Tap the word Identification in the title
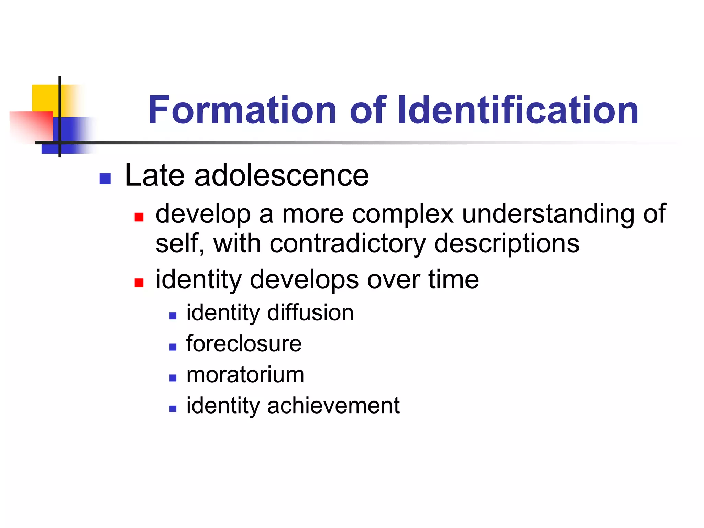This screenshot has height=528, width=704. coord(518,110)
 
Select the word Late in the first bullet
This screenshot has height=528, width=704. coord(155,176)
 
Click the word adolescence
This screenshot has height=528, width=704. coord(282,176)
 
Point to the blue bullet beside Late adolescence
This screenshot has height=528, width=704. coord(105,179)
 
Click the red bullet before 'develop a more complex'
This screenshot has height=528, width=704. coord(139,217)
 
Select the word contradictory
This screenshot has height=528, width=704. coord(348,244)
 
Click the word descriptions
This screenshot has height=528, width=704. coord(507,244)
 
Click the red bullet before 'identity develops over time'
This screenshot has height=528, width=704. coord(139,283)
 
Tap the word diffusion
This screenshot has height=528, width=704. coord(310,312)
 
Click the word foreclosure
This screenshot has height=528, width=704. coord(244,343)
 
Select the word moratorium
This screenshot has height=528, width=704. coord(245,374)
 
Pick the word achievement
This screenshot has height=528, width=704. coord(333,405)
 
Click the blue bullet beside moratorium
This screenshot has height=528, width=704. coord(173,378)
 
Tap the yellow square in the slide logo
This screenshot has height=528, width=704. coord(45,98)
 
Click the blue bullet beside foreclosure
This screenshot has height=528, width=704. coord(173,347)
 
